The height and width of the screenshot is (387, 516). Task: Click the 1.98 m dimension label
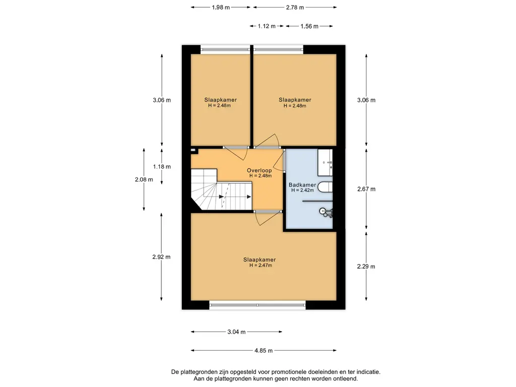[x=221, y=7]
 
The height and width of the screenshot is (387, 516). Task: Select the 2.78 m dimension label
[x=295, y=7]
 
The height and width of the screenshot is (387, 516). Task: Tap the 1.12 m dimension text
[x=267, y=26]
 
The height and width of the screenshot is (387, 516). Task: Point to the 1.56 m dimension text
[x=309, y=26]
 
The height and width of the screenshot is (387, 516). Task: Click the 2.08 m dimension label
[x=144, y=180]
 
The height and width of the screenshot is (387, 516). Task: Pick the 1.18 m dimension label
[x=162, y=166]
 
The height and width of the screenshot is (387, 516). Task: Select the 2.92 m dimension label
[x=161, y=257]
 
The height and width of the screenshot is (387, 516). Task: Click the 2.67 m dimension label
[x=366, y=189]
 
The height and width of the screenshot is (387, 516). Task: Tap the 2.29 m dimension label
[x=366, y=267]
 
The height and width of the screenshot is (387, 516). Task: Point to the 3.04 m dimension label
[x=236, y=332]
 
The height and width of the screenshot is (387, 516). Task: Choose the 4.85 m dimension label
[x=264, y=351]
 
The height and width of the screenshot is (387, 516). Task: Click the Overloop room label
[x=260, y=170]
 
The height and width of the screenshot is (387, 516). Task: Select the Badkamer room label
[x=302, y=185]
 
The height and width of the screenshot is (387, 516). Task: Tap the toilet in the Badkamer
[x=326, y=187]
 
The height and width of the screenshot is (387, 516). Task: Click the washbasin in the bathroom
[x=325, y=163]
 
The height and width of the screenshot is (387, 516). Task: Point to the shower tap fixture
[x=326, y=212]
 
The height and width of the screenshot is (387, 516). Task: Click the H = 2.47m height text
[x=261, y=265]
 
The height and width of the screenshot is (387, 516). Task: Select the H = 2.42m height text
[x=302, y=190]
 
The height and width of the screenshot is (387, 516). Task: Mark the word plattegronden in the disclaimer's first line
[x=199, y=372]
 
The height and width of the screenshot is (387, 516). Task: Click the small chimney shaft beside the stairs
[x=193, y=151]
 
